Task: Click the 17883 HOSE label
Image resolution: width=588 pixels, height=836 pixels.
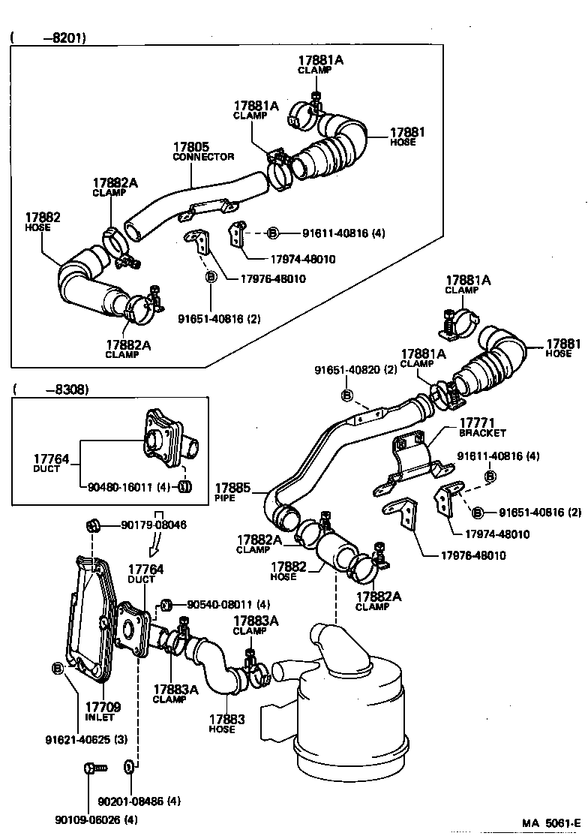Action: pos(226,723)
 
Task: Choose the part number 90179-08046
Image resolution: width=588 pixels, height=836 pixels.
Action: pos(154,525)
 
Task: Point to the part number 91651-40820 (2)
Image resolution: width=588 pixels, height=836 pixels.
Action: pos(355,370)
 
